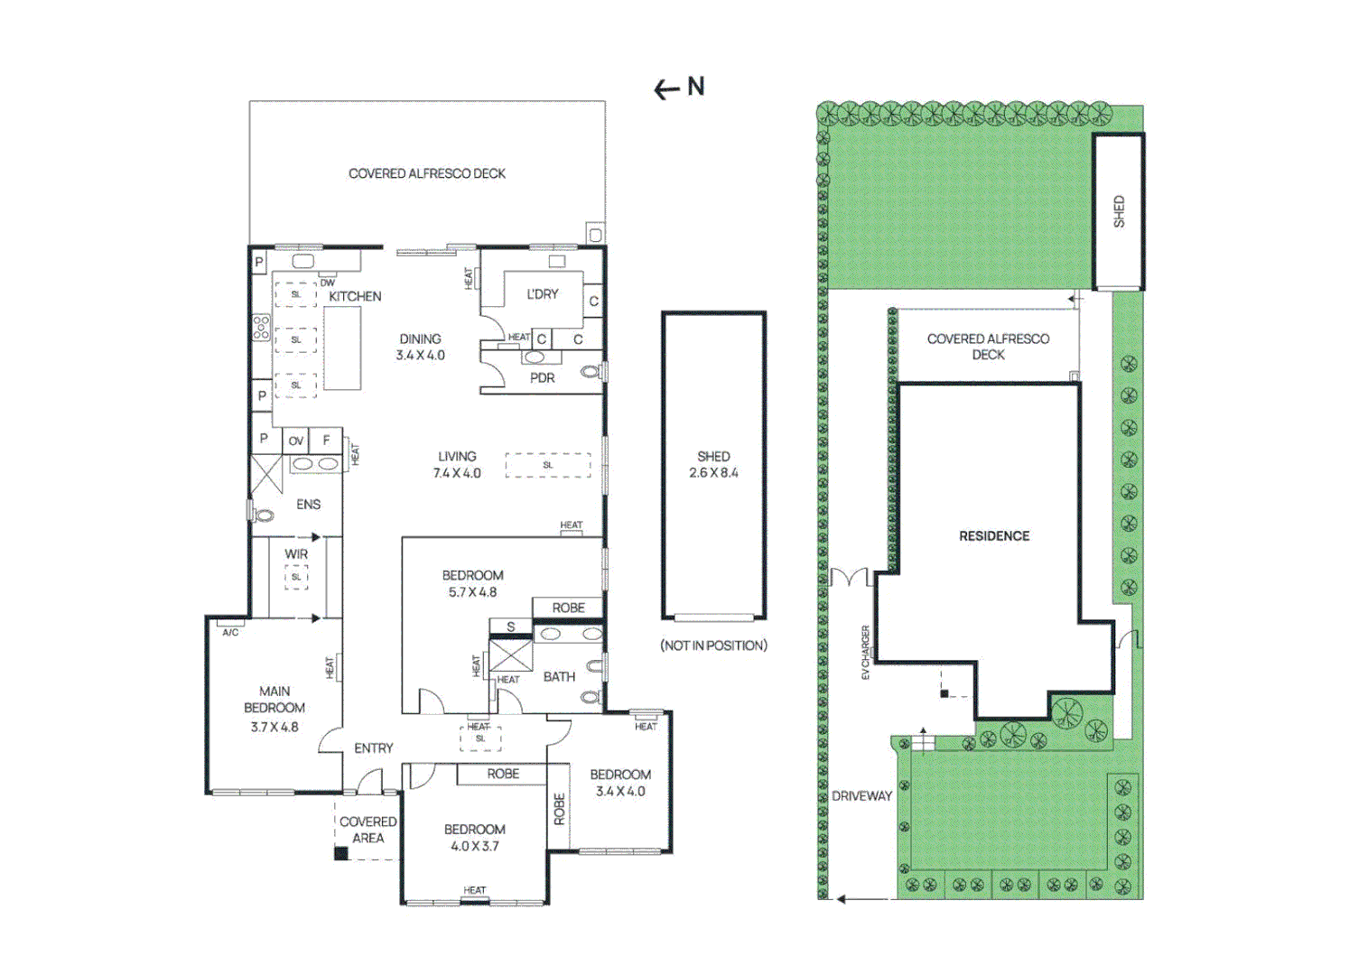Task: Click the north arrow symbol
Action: click(678, 88)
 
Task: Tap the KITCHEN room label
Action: click(354, 296)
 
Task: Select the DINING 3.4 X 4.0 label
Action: click(420, 347)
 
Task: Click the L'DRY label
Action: click(542, 294)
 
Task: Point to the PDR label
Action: click(542, 378)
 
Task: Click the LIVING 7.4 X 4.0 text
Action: click(457, 464)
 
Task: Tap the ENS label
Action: click(308, 505)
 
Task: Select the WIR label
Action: click(296, 554)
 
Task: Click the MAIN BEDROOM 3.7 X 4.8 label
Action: click(274, 709)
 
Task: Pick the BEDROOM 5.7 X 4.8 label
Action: click(472, 583)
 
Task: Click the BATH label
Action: click(559, 676)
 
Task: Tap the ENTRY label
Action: click(373, 748)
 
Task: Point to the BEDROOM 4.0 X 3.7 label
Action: click(474, 837)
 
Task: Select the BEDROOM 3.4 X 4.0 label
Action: click(620, 783)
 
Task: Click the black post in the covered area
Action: click(341, 853)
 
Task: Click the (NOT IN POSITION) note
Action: click(713, 645)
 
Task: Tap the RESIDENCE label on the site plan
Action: click(994, 536)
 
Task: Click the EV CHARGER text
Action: click(865, 652)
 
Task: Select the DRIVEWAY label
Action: click(861, 796)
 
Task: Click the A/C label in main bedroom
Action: click(230, 632)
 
